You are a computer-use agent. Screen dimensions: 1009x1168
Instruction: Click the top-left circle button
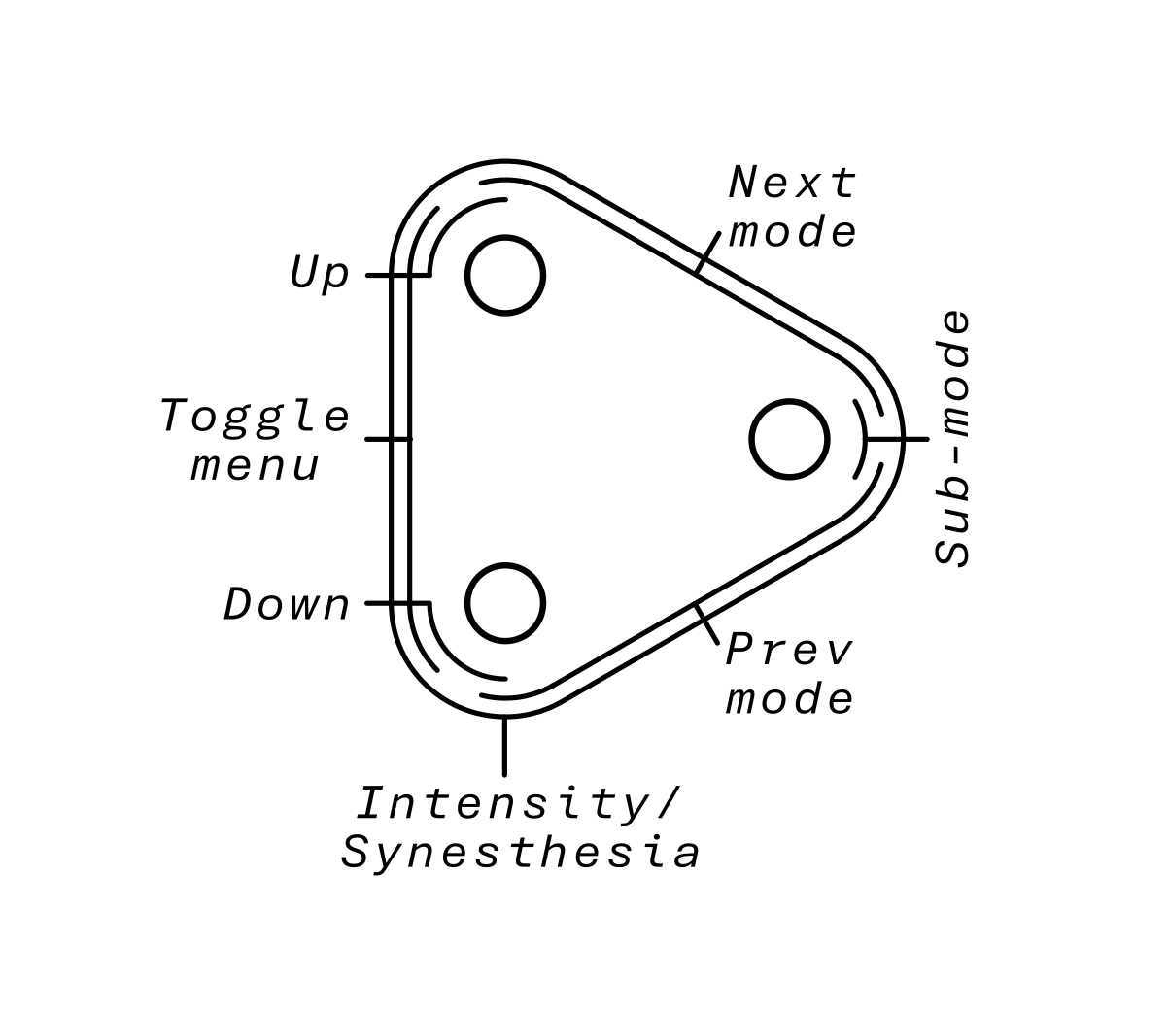pos(504,275)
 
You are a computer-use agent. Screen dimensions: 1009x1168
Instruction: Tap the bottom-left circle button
pos(504,603)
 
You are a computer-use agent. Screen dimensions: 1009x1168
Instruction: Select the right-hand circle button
pos(789,439)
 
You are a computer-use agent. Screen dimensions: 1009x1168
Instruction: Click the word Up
pos(320,274)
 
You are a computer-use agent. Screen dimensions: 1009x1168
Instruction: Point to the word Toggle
pos(255,418)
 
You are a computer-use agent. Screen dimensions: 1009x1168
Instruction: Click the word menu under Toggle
pos(255,466)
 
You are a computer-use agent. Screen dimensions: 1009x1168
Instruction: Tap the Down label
pos(287,605)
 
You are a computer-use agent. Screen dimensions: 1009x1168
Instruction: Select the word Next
pos(793,183)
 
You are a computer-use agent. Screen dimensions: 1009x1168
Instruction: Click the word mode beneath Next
pos(793,232)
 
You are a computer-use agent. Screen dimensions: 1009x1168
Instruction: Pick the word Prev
pos(789,650)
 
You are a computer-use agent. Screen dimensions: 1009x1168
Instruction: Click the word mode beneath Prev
pos(789,699)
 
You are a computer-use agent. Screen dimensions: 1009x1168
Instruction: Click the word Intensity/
pos(518,804)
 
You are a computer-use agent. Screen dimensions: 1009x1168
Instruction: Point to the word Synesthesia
pos(521,854)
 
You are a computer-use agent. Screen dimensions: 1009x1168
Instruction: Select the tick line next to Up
pos(384,275)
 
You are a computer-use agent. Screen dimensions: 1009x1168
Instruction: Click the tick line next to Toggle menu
pos(384,439)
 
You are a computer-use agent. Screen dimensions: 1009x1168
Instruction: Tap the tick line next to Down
pos(384,603)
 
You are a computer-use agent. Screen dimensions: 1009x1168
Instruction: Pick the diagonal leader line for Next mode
pos(708,252)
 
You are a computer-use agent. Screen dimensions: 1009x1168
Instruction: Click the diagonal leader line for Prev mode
pos(707,625)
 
